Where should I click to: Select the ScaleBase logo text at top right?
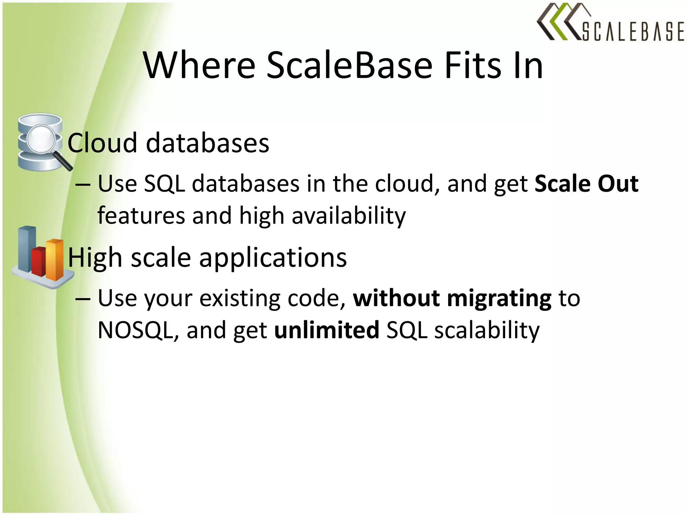[x=632, y=32]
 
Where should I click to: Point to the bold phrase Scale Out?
[x=586, y=184]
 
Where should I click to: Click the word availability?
[x=348, y=216]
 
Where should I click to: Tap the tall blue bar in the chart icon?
[x=27, y=248]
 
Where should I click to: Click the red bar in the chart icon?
[x=39, y=261]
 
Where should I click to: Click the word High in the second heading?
[x=95, y=258]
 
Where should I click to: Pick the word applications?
[x=273, y=258]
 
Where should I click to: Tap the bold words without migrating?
[x=452, y=298]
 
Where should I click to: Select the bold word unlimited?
[x=327, y=330]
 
